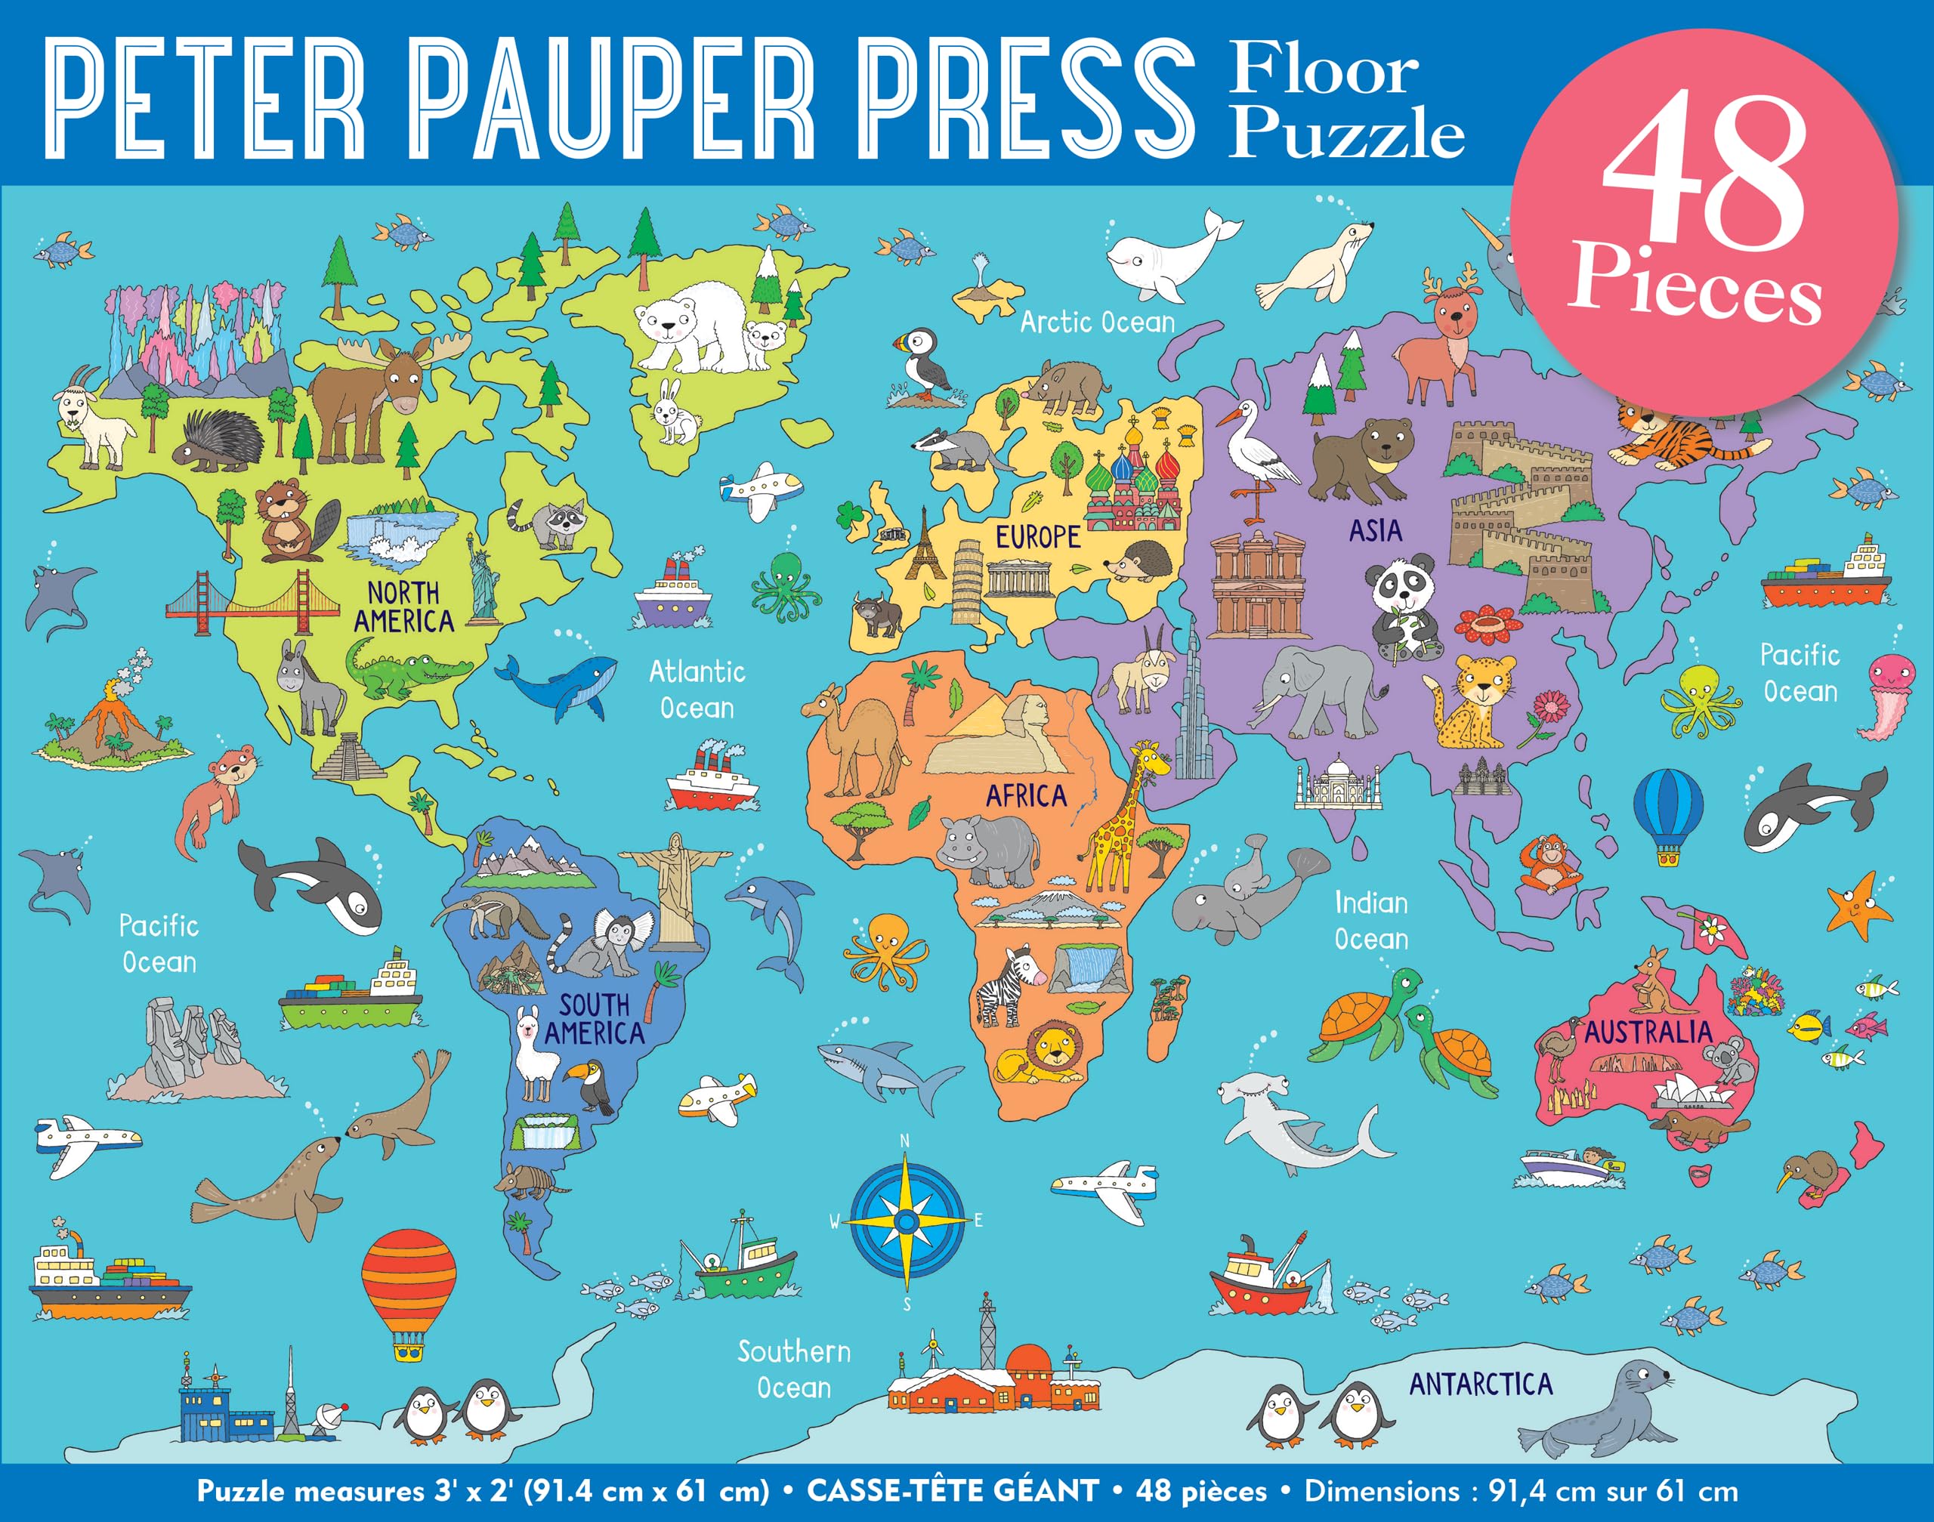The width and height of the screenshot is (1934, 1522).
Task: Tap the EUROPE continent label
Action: [1037, 537]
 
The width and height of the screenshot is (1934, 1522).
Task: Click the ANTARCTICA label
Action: [1481, 1384]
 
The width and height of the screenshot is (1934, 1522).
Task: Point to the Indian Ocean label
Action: [1370, 921]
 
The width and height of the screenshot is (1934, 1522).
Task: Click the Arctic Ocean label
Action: [1097, 322]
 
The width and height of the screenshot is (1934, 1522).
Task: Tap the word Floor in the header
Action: [1324, 71]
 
